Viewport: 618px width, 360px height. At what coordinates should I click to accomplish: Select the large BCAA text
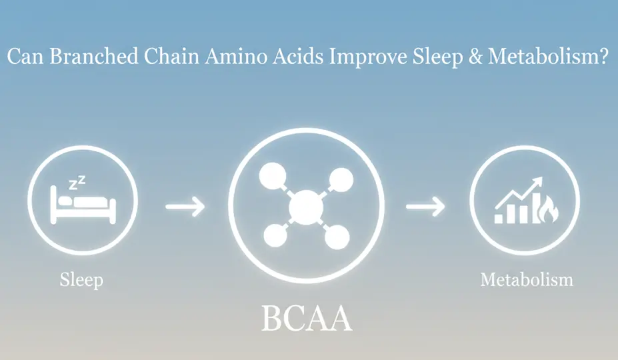[x=306, y=319]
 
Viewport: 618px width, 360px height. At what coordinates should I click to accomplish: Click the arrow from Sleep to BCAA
[x=185, y=206]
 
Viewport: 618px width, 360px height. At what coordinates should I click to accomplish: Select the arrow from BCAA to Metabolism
[x=426, y=206]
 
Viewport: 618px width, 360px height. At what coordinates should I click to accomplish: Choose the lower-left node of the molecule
[x=274, y=235]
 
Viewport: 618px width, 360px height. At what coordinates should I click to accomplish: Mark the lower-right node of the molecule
[x=338, y=235]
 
